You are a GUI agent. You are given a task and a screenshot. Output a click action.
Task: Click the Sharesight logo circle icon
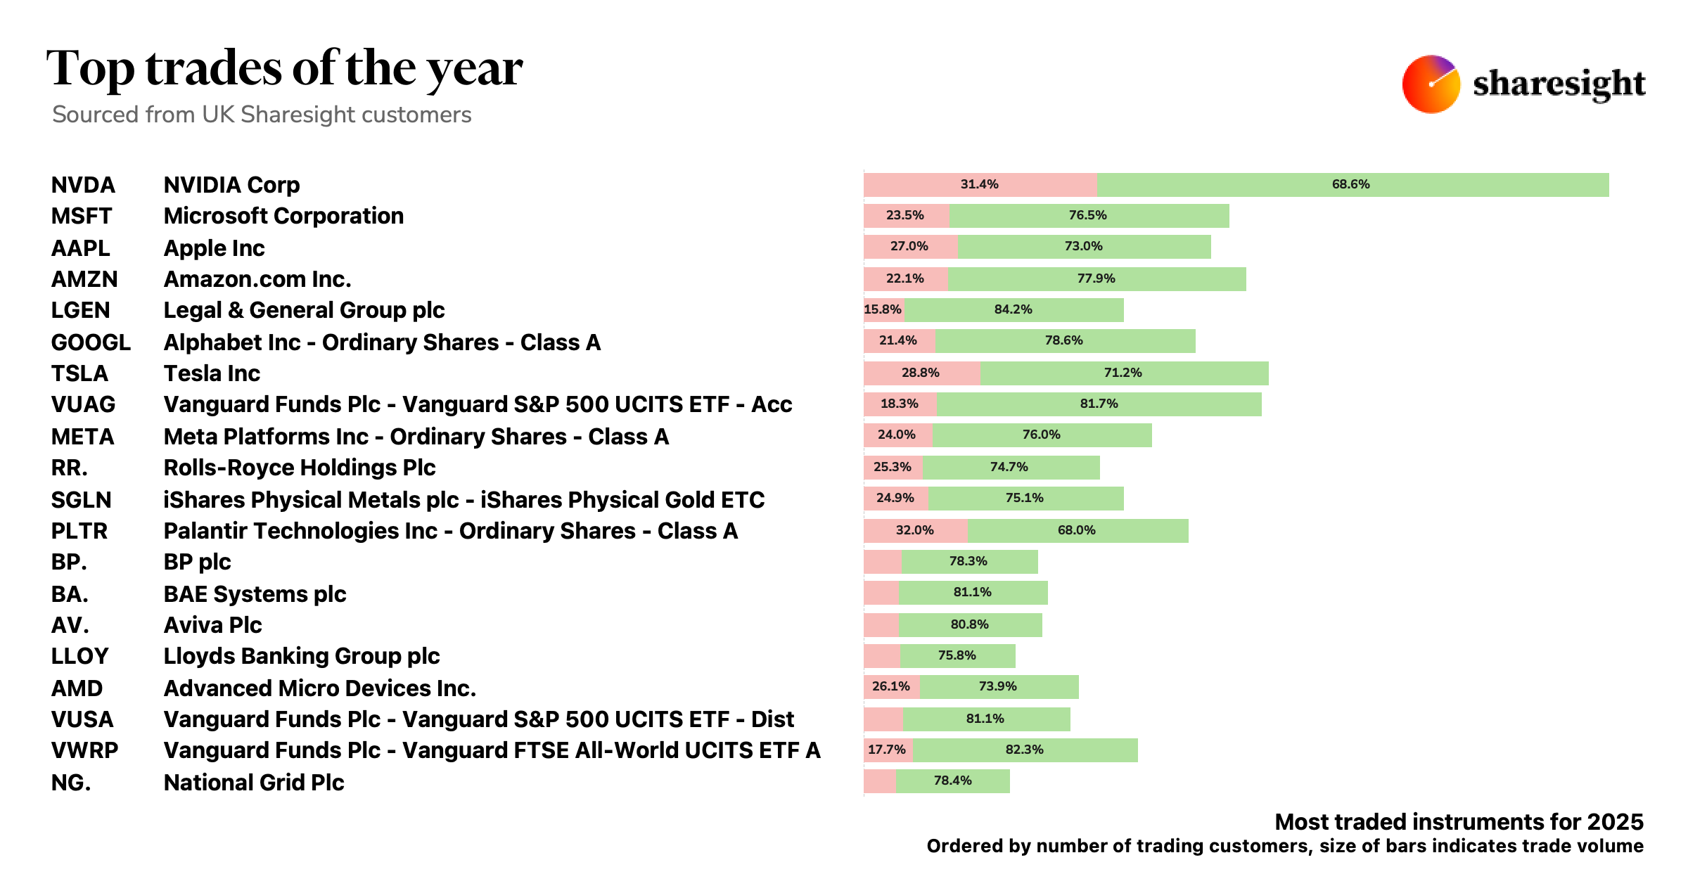tap(1431, 84)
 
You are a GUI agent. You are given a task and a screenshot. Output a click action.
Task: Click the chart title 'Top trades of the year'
tap(284, 69)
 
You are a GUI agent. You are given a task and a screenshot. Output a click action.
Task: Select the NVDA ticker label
tap(83, 185)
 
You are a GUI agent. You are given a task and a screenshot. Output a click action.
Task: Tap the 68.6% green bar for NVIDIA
tap(1352, 184)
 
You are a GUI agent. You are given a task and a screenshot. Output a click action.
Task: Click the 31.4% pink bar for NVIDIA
tap(980, 184)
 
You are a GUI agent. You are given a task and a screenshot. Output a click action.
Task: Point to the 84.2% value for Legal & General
tap(1013, 309)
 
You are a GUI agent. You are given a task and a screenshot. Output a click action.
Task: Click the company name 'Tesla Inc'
tap(212, 373)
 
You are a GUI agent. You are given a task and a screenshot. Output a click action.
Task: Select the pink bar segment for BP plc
tap(883, 562)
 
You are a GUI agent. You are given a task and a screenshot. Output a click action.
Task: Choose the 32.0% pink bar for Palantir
tap(915, 531)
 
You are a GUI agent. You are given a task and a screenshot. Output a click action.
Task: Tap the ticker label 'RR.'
tap(69, 468)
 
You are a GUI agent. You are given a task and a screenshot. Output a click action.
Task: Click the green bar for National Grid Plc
tap(953, 781)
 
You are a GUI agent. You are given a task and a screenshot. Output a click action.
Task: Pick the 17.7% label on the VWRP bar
tap(887, 750)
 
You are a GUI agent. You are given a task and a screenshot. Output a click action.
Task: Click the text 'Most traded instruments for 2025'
tap(1459, 821)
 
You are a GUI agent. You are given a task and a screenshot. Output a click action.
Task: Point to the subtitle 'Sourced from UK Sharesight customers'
tap(262, 115)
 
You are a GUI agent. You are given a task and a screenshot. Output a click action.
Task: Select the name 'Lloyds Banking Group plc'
tap(301, 656)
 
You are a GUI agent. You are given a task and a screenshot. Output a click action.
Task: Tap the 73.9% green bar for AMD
tap(999, 686)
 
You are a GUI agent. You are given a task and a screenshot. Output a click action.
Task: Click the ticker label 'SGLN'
tap(81, 500)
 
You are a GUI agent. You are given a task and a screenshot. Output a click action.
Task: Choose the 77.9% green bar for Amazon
tap(1096, 278)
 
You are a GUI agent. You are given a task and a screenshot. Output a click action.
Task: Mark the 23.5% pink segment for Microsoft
tap(905, 216)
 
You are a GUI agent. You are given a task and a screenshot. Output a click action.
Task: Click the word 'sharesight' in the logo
tap(1559, 84)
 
